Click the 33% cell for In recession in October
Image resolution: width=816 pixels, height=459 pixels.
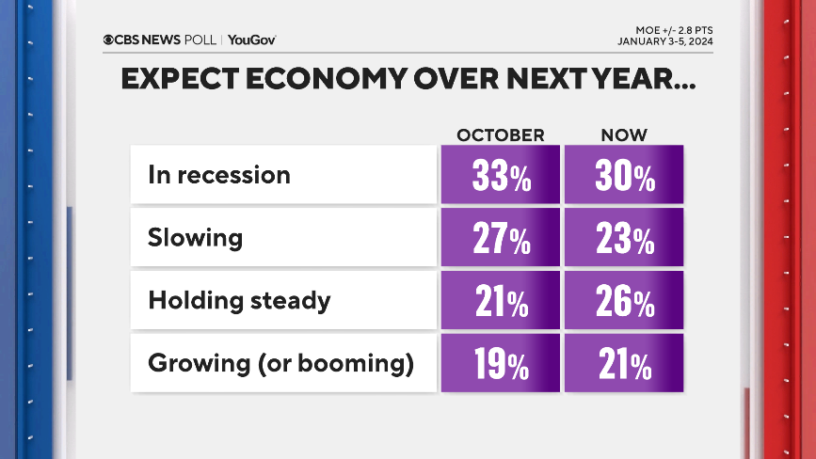pos(501,176)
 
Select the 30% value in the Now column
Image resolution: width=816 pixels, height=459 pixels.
pos(624,176)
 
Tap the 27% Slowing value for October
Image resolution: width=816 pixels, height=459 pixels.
pos(501,239)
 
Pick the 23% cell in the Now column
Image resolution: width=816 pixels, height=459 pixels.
pos(624,239)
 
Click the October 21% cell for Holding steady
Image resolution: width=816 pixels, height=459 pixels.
pos(501,301)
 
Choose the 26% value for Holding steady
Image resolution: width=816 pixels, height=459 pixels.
pos(624,301)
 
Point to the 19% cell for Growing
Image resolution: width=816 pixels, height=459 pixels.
pos(501,363)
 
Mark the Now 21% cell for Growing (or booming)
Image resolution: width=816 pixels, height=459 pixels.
pos(624,363)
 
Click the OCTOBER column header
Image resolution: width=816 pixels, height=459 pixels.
pos(501,135)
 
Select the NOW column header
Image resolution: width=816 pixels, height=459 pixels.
pos(625,135)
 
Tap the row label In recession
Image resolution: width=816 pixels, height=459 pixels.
pos(219,175)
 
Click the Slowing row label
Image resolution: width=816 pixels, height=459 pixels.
pos(195,238)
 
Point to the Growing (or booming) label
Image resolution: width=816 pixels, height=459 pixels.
pos(280,363)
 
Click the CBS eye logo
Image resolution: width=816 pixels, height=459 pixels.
pos(108,40)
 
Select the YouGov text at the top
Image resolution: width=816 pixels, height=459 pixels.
pos(252,40)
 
